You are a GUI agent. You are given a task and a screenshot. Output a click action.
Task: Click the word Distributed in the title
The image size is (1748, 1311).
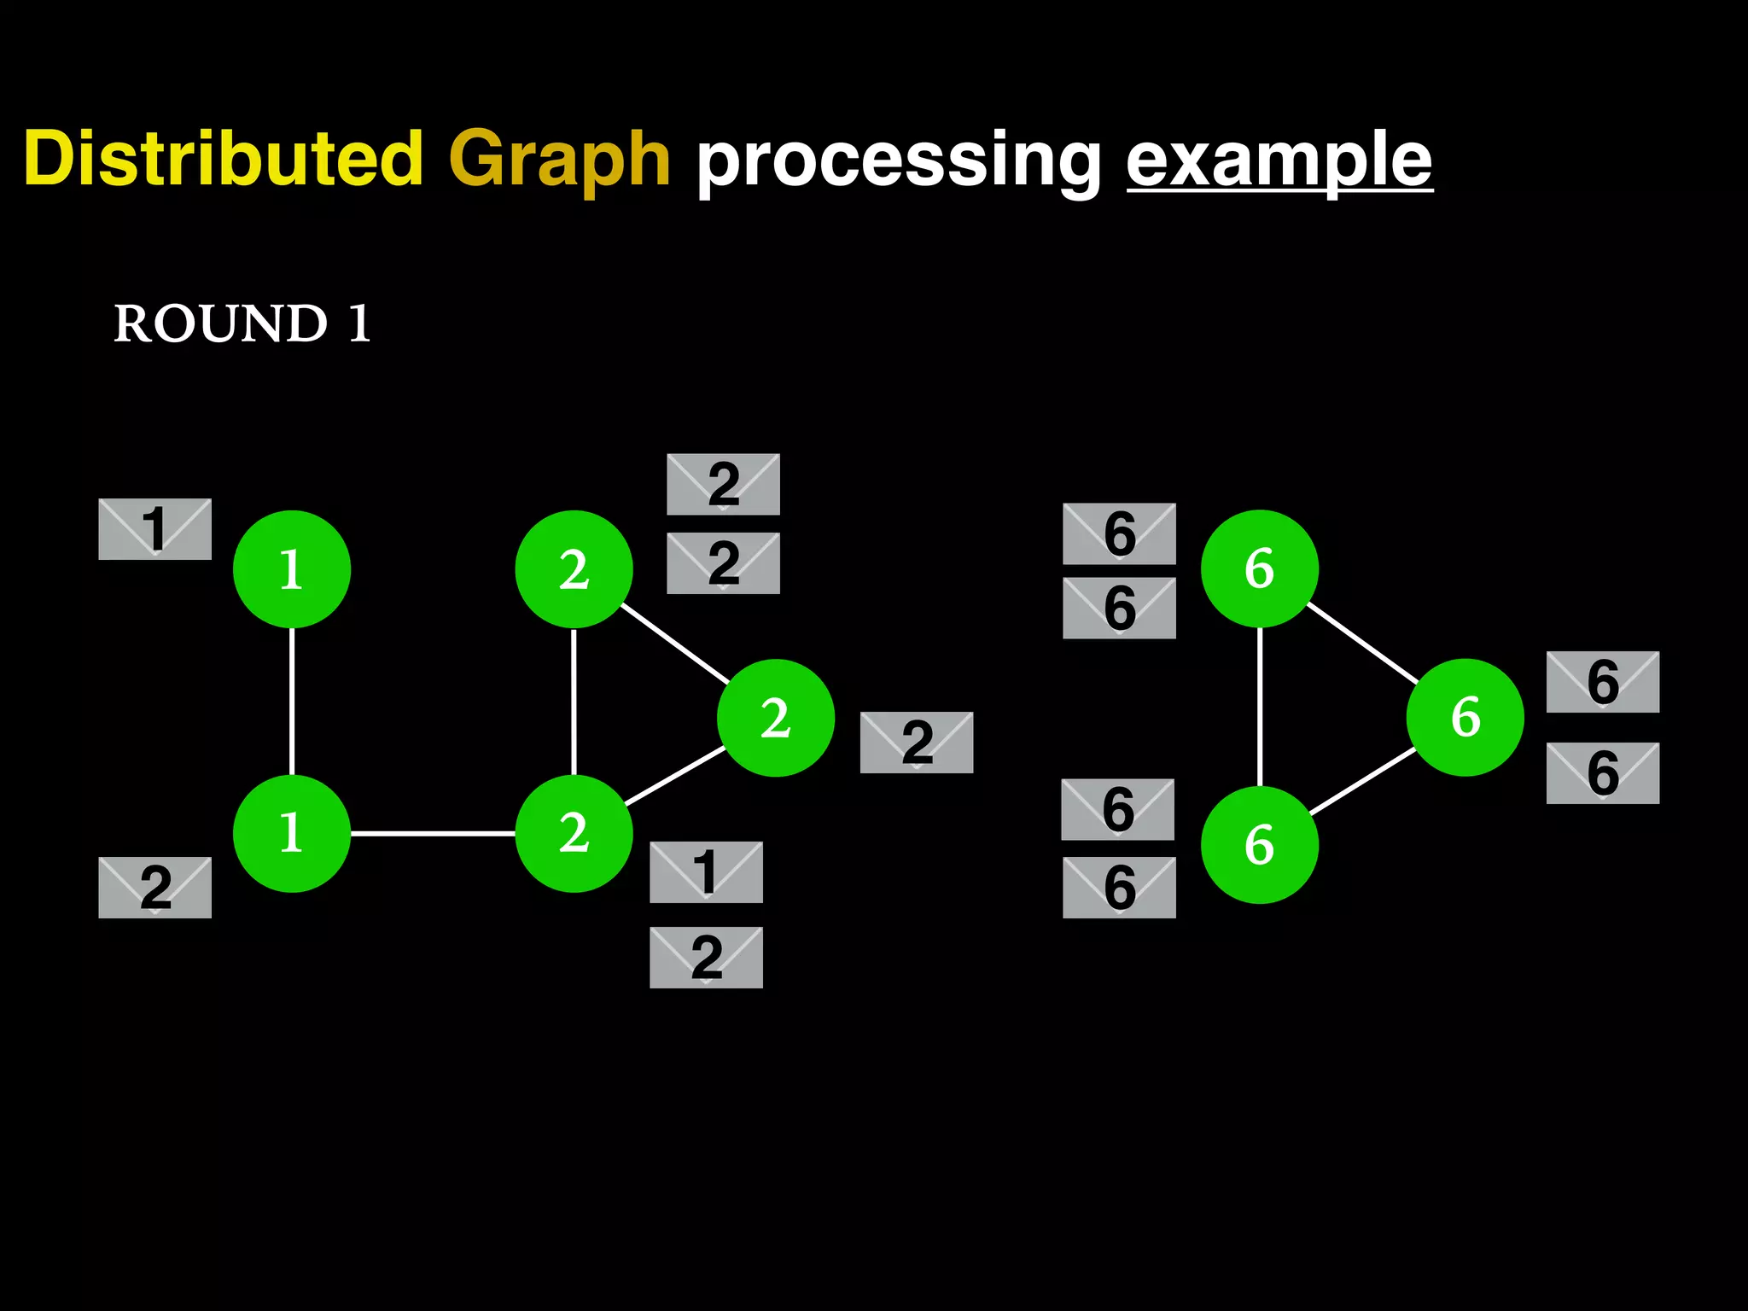(224, 159)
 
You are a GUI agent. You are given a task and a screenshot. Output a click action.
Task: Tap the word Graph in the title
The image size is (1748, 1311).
(559, 159)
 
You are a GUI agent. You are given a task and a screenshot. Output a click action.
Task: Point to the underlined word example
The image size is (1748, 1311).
(1279, 159)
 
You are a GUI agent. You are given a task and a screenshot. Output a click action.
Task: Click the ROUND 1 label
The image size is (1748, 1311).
(242, 323)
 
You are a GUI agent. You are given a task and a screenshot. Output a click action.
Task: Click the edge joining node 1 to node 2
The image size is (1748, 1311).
(433, 833)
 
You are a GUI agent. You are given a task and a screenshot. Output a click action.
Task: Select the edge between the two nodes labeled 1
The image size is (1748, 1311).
(292, 702)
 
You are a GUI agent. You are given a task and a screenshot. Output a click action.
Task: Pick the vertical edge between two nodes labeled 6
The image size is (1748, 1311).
(1260, 707)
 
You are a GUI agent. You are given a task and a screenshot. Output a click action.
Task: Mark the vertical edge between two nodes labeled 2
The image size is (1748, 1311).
(574, 702)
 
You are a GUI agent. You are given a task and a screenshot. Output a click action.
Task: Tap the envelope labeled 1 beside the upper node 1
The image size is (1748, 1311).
(154, 529)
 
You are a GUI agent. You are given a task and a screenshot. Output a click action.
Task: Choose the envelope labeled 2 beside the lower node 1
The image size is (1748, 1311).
(154, 888)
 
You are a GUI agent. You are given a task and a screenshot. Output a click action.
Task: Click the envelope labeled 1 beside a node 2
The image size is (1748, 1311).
(706, 872)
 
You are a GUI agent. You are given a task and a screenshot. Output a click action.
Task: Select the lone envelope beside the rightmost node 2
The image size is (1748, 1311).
(916, 743)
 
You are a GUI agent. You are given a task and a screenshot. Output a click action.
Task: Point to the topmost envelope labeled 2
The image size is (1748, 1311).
(723, 484)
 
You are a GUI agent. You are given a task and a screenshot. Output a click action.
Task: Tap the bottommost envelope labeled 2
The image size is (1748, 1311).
(706, 958)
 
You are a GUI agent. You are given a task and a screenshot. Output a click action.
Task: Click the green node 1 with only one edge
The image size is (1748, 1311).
(292, 569)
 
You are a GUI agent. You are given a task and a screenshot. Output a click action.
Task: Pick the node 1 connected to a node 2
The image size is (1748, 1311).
(292, 833)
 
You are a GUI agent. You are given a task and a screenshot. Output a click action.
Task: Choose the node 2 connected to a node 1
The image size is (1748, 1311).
(574, 833)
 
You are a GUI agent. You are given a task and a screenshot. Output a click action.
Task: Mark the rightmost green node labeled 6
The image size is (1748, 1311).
(1465, 717)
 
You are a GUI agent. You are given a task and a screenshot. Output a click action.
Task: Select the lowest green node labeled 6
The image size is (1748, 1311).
(1260, 845)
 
